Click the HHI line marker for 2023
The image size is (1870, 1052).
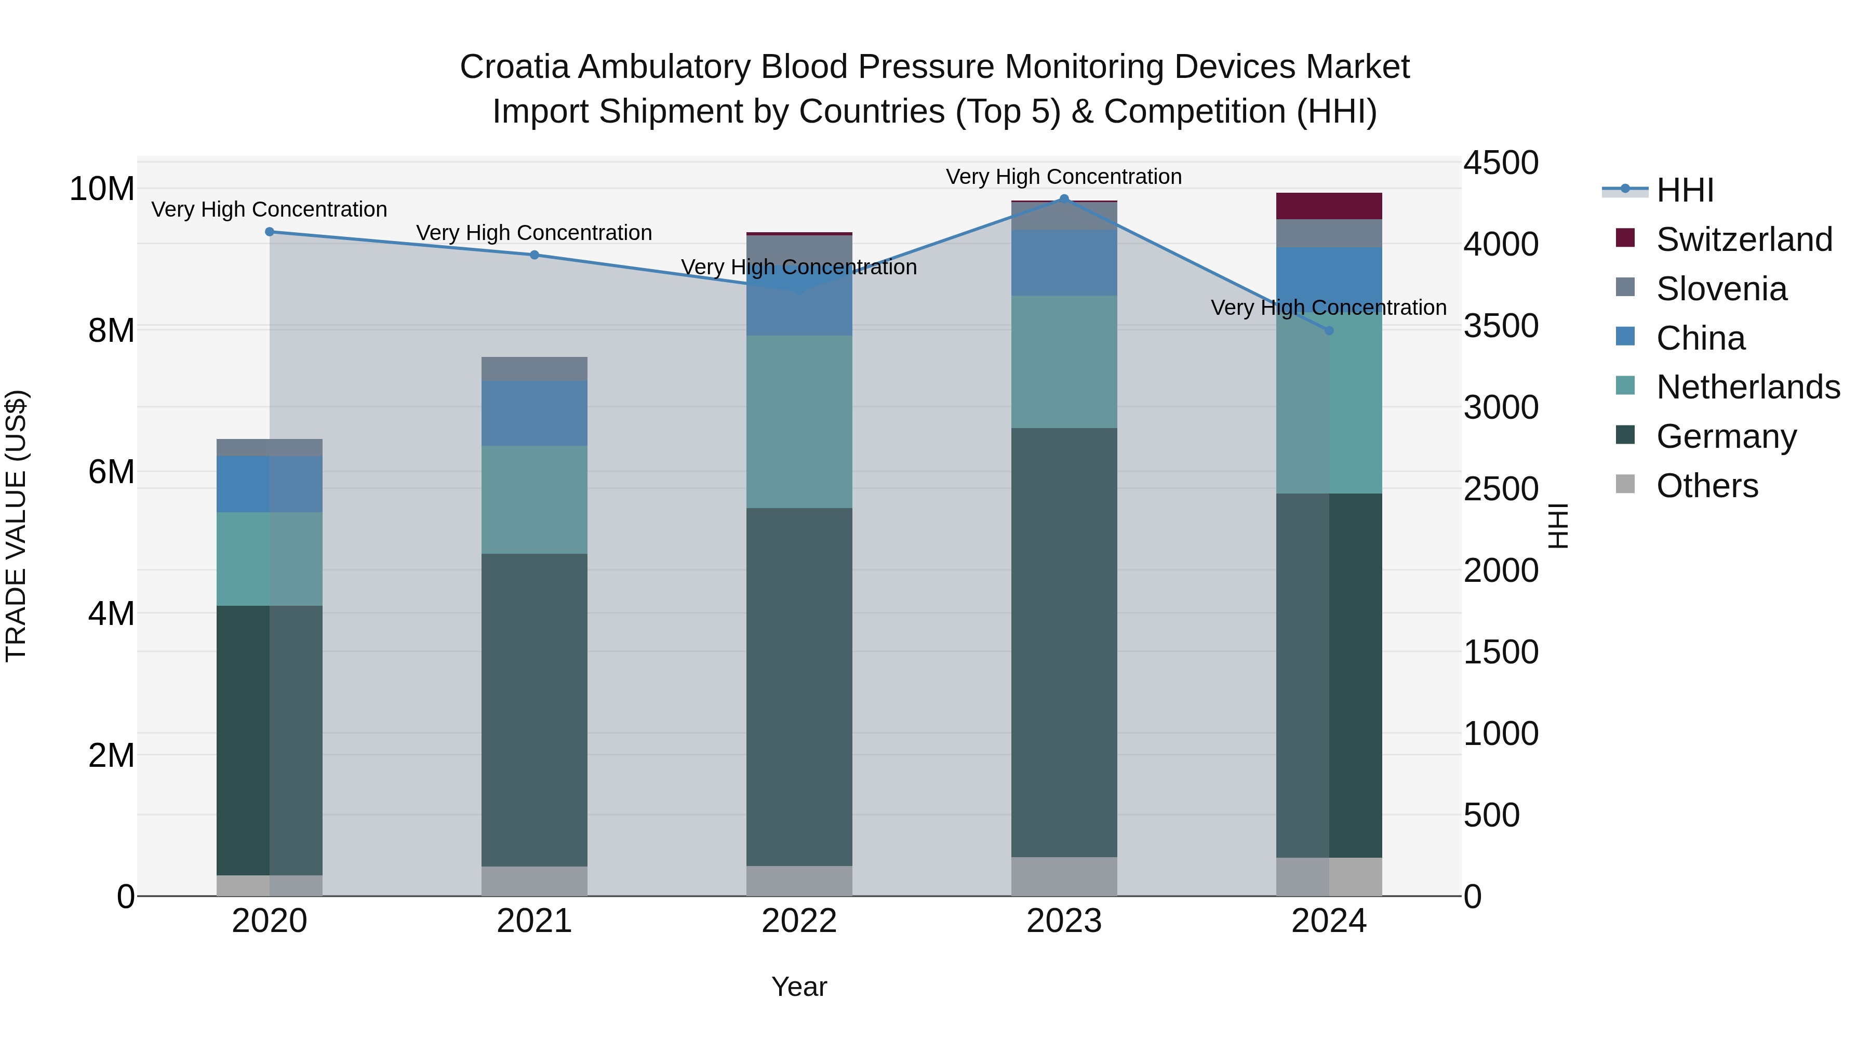[x=1064, y=199]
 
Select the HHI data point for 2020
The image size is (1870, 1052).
[x=269, y=232]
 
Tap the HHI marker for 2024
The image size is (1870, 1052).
[x=1329, y=330]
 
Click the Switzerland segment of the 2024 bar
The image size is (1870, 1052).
[x=1329, y=206]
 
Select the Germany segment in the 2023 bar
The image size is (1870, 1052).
[x=1064, y=643]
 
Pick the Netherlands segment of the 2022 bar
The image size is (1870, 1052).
[x=799, y=422]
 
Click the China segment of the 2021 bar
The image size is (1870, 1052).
[x=535, y=413]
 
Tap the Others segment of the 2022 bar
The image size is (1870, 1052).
[x=799, y=881]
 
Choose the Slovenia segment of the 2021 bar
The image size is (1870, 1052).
[x=535, y=369]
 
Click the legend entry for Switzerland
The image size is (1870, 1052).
[x=1744, y=239]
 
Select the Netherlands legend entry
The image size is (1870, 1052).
[x=1748, y=387]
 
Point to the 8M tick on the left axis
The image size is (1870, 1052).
[x=111, y=330]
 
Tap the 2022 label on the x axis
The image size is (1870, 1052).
[x=799, y=921]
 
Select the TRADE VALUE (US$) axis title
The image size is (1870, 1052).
[x=16, y=526]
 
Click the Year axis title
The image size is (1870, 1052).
[x=799, y=987]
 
